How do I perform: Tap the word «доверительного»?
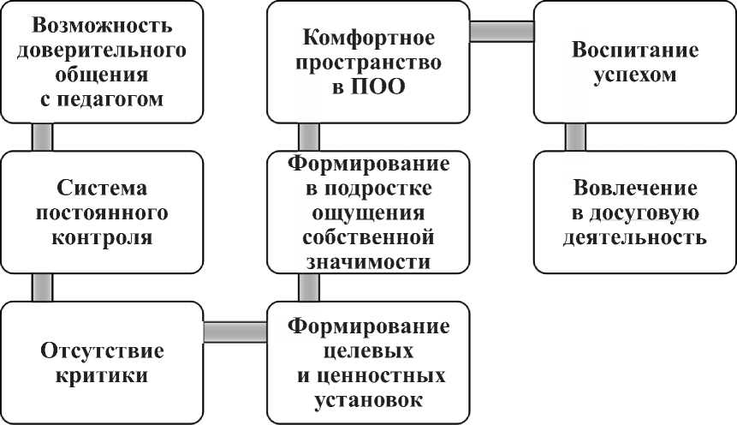[x=102, y=50]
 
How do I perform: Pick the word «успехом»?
[x=635, y=75]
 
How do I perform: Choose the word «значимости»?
[x=369, y=261]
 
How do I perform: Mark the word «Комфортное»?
[x=369, y=39]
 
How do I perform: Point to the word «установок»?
[x=369, y=399]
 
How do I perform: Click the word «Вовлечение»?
[x=634, y=188]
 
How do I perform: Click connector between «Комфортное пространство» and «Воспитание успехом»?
[x=502, y=31]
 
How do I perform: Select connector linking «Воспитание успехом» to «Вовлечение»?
[x=575, y=137]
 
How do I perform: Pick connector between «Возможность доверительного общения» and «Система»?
[x=41, y=137]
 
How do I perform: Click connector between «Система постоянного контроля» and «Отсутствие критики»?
[x=41, y=287]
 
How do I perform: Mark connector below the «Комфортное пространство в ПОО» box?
[x=308, y=137]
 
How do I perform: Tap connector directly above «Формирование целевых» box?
[x=308, y=287]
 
